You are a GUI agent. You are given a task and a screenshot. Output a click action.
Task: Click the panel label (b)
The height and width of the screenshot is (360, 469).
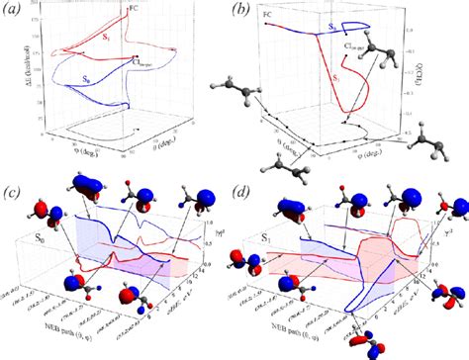click(241, 12)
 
